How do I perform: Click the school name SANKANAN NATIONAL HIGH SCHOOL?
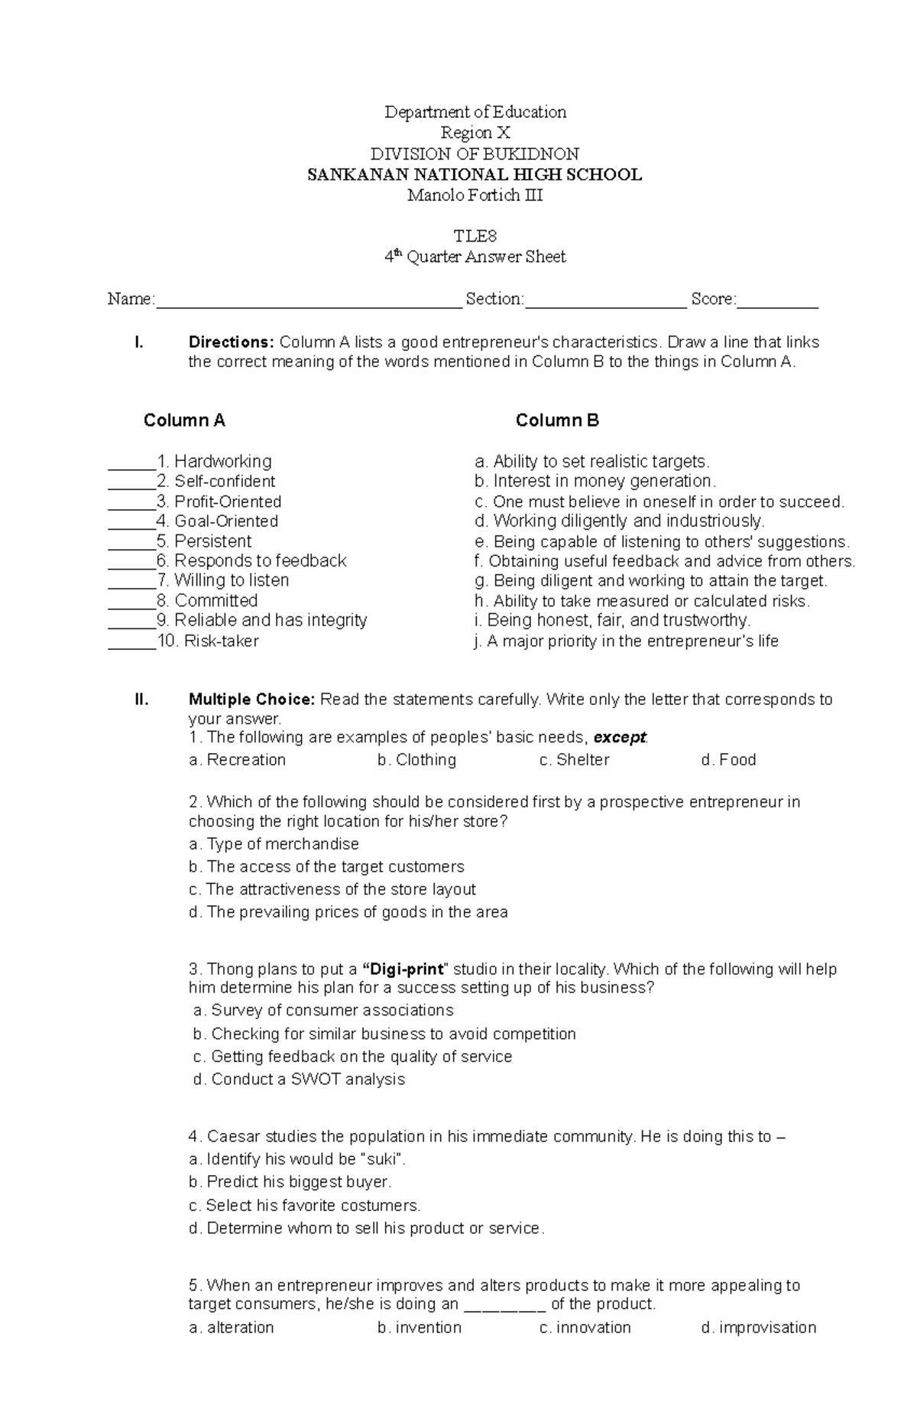pos(474,175)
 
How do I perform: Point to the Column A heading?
pos(184,421)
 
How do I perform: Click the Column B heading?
pos(557,421)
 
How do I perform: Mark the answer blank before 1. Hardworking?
pos(131,464)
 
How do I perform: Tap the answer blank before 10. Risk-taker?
pos(131,644)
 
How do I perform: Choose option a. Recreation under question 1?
pos(237,760)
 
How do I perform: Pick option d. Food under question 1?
pos(728,760)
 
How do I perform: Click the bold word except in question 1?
pos(620,738)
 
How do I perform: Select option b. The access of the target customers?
pos(326,867)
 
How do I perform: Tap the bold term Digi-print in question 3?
pos(403,969)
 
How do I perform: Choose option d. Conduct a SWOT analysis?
pos(299,1080)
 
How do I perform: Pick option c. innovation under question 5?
pos(585,1327)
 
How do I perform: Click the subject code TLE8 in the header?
pos(475,236)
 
